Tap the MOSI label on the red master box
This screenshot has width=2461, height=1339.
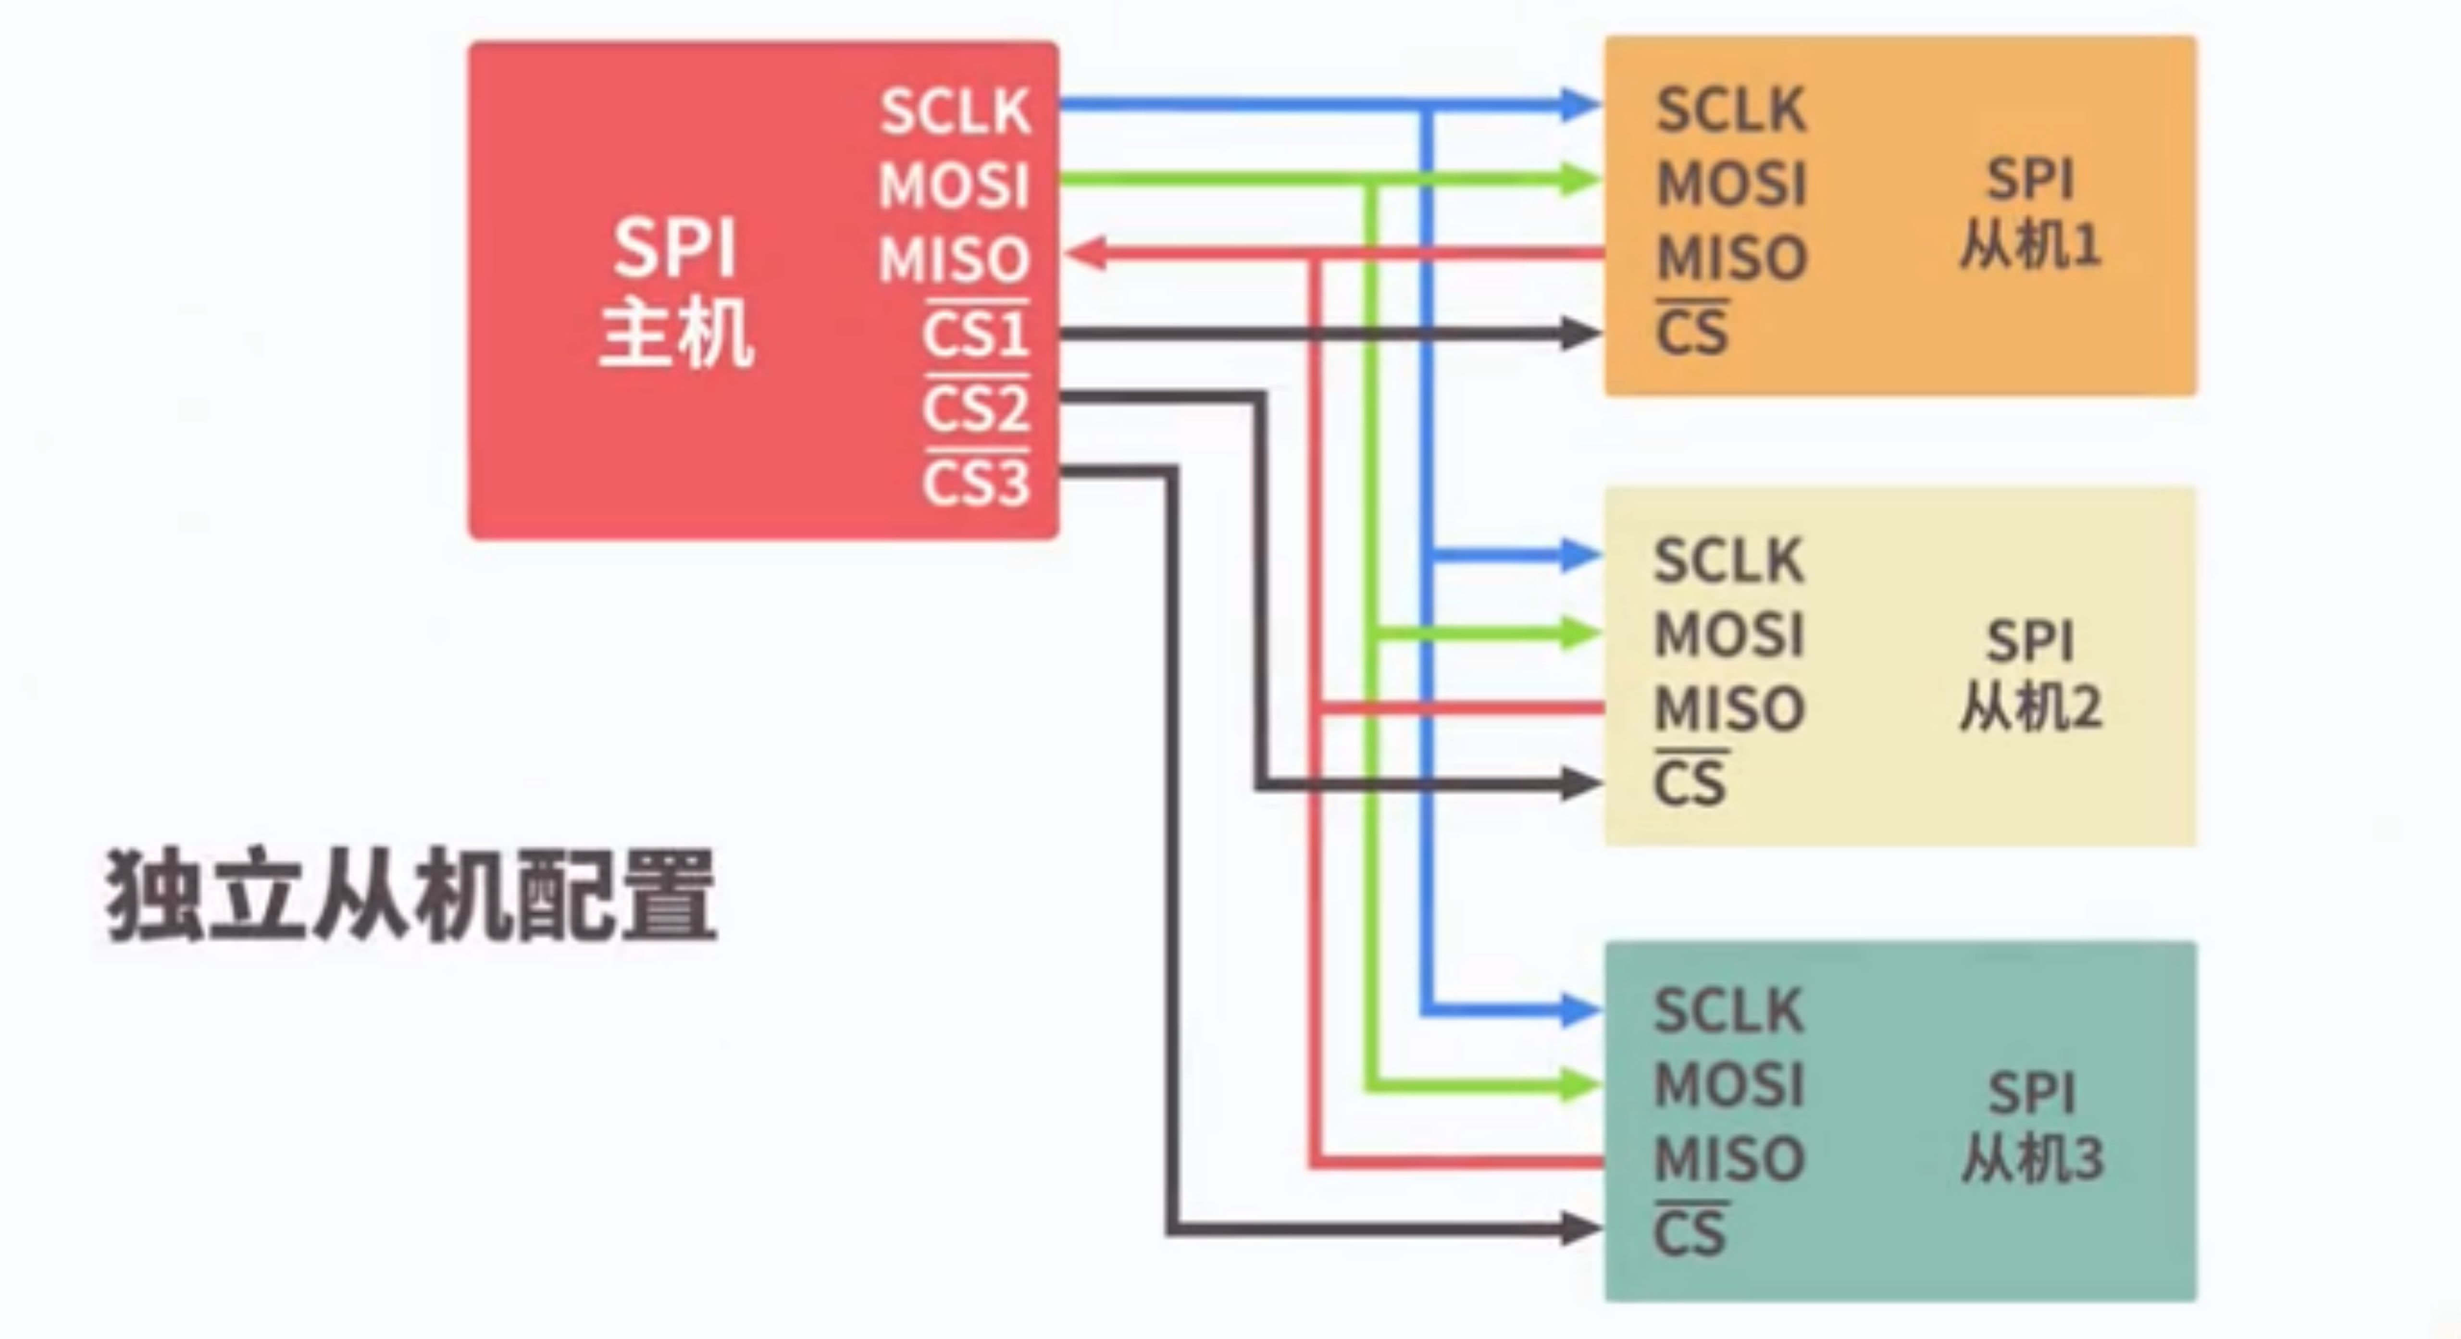point(954,186)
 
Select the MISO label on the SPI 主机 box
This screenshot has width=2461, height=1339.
point(954,260)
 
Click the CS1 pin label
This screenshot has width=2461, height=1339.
point(975,334)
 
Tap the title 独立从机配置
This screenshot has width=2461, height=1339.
point(411,896)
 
